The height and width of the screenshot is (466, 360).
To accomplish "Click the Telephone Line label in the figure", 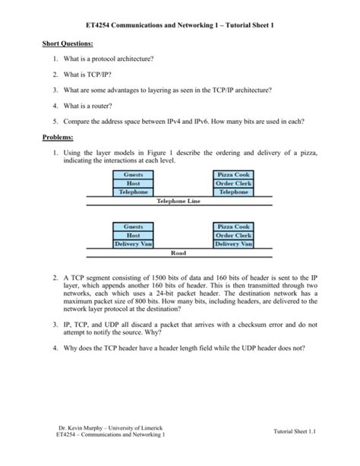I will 178,201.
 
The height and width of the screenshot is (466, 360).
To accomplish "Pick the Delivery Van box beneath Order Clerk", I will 233,244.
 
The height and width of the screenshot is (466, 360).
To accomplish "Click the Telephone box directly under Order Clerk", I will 233,192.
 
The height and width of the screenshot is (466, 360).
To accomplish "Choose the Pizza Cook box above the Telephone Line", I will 233,175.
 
